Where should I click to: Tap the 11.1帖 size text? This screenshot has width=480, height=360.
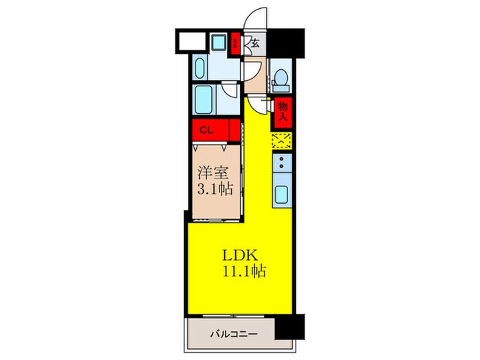click(243, 270)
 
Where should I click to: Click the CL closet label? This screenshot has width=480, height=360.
click(205, 129)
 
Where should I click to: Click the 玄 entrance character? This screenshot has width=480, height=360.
click(254, 43)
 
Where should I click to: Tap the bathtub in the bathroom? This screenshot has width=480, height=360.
click(204, 101)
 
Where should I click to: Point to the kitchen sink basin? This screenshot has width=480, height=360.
click(282, 194)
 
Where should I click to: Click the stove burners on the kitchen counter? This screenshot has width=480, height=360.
click(282, 164)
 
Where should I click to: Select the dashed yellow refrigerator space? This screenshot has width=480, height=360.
click(282, 141)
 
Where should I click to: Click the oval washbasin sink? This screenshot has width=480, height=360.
click(201, 68)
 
